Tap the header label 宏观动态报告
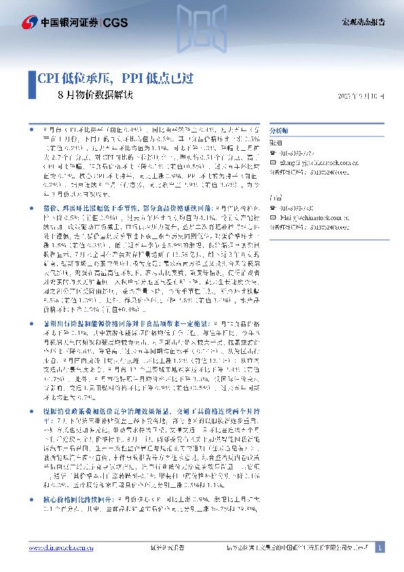point(362,22)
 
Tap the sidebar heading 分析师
point(279,130)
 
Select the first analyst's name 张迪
point(276,144)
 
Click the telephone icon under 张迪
point(273,154)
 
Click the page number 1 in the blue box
point(380,548)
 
